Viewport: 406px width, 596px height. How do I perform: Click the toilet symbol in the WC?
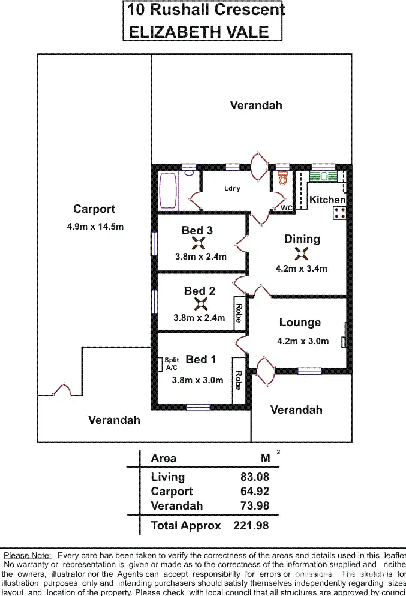click(x=283, y=179)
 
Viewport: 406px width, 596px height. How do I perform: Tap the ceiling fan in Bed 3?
click(x=199, y=243)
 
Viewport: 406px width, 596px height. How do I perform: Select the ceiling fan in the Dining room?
click(x=301, y=254)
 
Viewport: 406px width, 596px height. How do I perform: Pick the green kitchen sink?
click(x=325, y=176)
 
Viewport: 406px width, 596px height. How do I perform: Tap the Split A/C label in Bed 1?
click(x=172, y=363)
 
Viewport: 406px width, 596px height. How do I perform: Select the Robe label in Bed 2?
click(x=239, y=313)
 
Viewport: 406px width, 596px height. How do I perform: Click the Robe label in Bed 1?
click(x=238, y=380)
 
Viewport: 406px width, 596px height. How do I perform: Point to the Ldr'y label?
click(x=232, y=188)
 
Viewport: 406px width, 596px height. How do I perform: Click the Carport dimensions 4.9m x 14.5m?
click(x=95, y=227)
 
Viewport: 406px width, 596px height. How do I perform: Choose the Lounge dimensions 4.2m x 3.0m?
click(x=303, y=341)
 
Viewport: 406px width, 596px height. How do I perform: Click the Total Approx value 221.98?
click(x=251, y=526)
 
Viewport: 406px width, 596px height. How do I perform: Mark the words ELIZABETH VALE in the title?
click(x=199, y=32)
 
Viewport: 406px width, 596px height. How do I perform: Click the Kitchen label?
click(x=327, y=200)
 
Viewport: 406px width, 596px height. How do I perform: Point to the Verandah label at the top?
click(x=256, y=106)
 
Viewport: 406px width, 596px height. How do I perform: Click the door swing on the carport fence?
click(x=62, y=389)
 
